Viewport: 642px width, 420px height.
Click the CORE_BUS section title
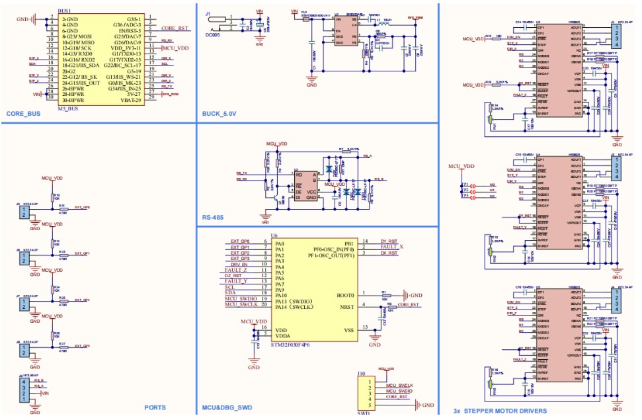click(23, 114)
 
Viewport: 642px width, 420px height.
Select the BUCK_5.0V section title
click(219, 114)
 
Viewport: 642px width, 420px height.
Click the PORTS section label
click(155, 407)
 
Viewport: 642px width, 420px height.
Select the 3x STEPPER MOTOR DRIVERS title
click(500, 411)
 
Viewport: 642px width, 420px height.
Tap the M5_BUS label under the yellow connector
click(69, 108)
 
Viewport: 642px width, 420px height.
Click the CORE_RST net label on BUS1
click(175, 29)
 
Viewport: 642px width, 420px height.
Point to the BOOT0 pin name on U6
click(345, 294)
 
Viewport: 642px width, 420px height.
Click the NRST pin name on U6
click(348, 306)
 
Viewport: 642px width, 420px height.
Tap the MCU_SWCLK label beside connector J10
click(399, 384)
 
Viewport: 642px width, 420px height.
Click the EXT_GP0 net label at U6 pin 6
click(239, 241)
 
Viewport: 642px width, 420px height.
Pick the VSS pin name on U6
click(350, 330)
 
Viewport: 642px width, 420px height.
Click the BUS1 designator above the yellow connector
click(65, 11)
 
